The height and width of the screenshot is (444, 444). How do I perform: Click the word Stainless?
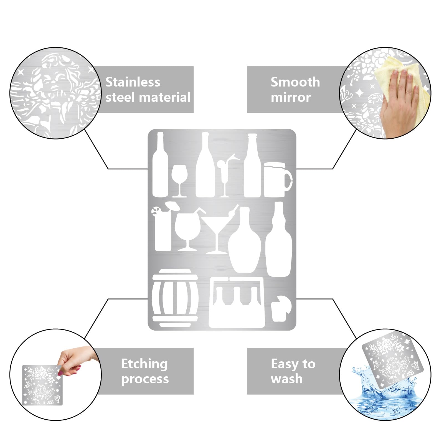(133, 82)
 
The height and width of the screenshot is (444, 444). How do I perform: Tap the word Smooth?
(295, 82)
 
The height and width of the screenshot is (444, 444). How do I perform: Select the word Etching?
(144, 364)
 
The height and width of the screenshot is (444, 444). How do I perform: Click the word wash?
(286, 379)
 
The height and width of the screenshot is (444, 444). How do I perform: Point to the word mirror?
(291, 97)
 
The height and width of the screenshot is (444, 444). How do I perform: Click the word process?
(145, 379)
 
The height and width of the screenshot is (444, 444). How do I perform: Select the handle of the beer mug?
(288, 180)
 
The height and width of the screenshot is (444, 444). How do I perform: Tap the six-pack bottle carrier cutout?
(237, 302)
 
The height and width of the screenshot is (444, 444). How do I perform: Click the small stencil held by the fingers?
(42, 385)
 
